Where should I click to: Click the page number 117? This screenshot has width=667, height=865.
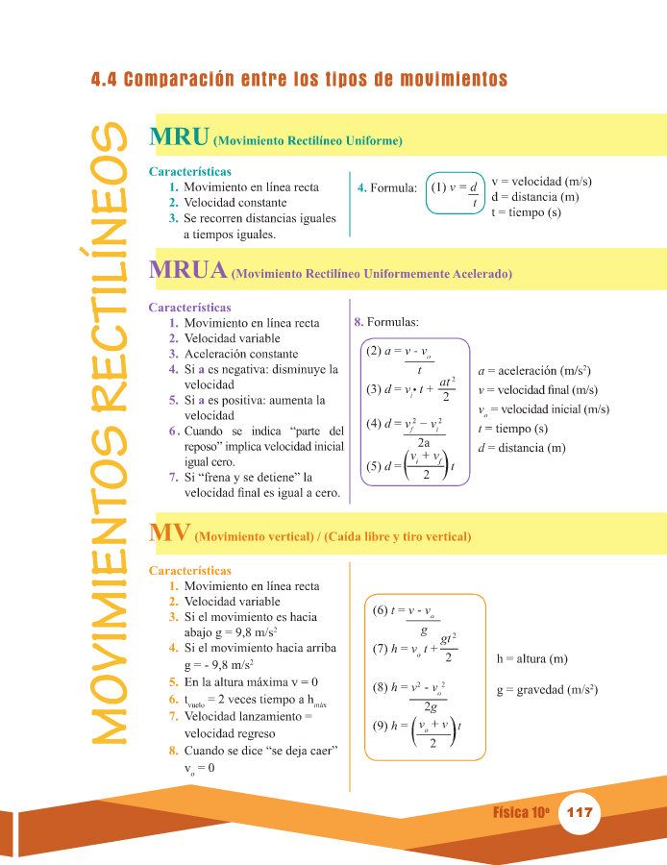[x=580, y=813]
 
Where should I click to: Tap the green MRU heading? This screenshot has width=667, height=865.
[x=180, y=137]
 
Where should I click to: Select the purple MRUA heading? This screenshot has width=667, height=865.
[x=188, y=270]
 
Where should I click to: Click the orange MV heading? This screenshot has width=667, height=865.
[x=169, y=531]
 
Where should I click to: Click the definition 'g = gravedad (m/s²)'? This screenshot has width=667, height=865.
[x=548, y=690]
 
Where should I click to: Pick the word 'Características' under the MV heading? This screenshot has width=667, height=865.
[x=190, y=571]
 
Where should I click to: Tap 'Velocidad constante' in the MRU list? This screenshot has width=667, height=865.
[x=235, y=203]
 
